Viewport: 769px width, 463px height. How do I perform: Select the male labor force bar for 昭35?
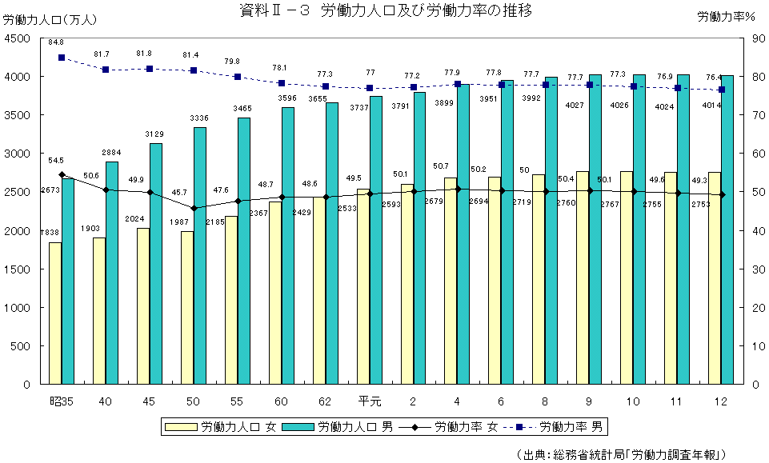click(68, 280)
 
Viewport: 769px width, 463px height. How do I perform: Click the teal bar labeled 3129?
click(156, 264)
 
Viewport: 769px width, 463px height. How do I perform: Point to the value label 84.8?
click(56, 42)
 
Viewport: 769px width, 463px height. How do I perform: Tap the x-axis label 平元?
click(369, 401)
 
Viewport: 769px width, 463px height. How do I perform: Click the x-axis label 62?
click(325, 401)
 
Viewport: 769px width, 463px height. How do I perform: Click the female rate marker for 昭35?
click(62, 174)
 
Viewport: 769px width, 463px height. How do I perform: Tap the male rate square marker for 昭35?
click(62, 58)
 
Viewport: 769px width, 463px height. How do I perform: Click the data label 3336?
click(199, 118)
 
